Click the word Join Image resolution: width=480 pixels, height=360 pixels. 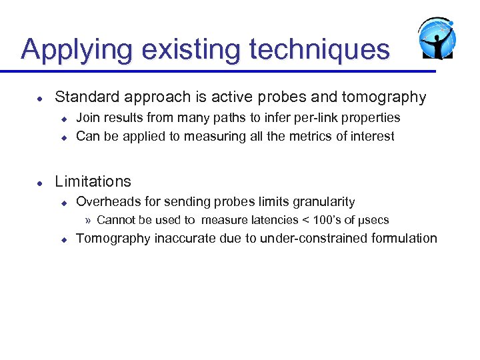pos(88,118)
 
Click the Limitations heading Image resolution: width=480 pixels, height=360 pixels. pos(93,181)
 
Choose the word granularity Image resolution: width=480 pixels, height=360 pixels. pos(323,201)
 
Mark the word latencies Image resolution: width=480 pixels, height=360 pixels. pos(274,220)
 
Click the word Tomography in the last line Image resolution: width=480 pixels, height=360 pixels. pos(113,239)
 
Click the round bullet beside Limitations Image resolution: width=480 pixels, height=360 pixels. pos(40,182)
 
